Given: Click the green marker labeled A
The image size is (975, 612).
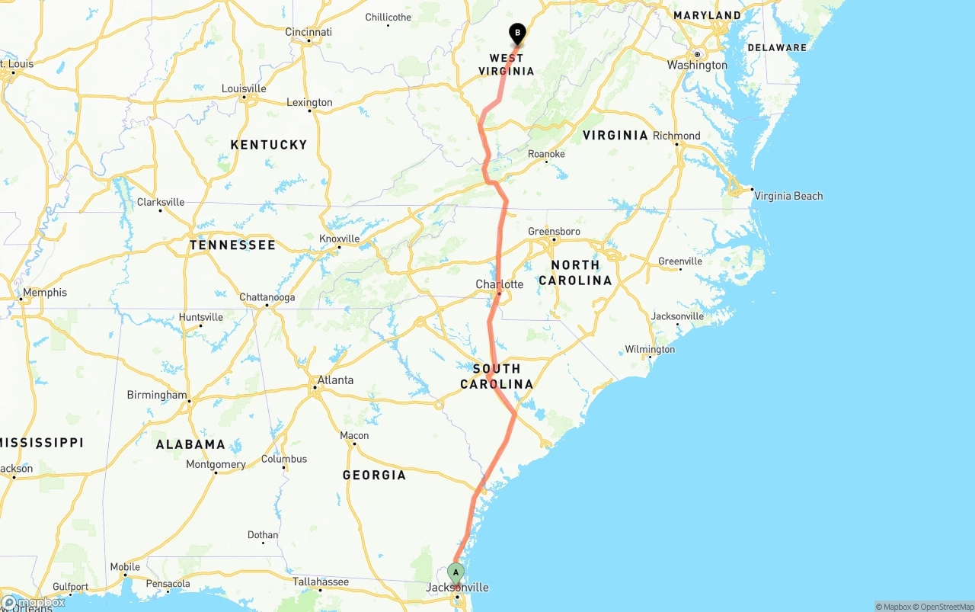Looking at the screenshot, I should coord(456,572).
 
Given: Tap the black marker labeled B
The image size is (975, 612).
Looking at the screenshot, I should coord(518,34).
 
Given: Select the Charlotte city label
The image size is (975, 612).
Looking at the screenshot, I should coord(500,284).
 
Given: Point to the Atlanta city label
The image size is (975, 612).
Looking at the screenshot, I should coord(335,380).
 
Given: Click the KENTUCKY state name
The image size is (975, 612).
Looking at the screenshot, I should coord(269,145).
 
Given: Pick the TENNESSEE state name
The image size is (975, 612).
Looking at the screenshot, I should coord(232,245).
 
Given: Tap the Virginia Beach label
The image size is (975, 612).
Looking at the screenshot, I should coord(788,196).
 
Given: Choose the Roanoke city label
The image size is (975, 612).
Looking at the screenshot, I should coord(546,154).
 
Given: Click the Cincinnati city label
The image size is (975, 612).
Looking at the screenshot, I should coord(308,32).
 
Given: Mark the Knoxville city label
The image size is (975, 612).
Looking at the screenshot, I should coord(339,239).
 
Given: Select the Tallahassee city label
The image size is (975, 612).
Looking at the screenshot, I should coord(321,582).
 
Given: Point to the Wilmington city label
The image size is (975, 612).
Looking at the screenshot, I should coord(650,350).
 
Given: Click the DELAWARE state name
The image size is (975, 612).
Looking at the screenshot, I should coord(777,47).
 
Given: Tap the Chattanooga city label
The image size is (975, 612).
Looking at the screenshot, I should coord(267,297).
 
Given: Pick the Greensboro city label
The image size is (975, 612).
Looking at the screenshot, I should coord(554,231).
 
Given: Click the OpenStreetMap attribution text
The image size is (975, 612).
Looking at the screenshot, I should coord(947,607).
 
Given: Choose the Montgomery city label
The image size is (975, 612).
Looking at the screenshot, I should coord(216,464).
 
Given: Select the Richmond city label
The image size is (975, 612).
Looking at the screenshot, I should coord(676,136).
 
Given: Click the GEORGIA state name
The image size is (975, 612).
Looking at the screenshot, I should coord(374,475).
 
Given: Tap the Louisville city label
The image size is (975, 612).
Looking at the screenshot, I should coord(244,88).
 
